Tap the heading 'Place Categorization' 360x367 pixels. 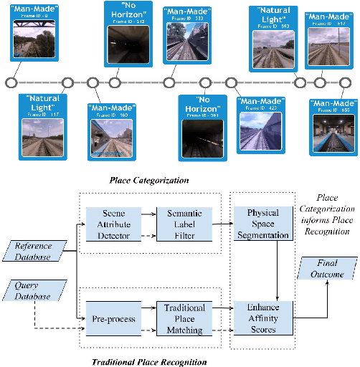click(x=150, y=181)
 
